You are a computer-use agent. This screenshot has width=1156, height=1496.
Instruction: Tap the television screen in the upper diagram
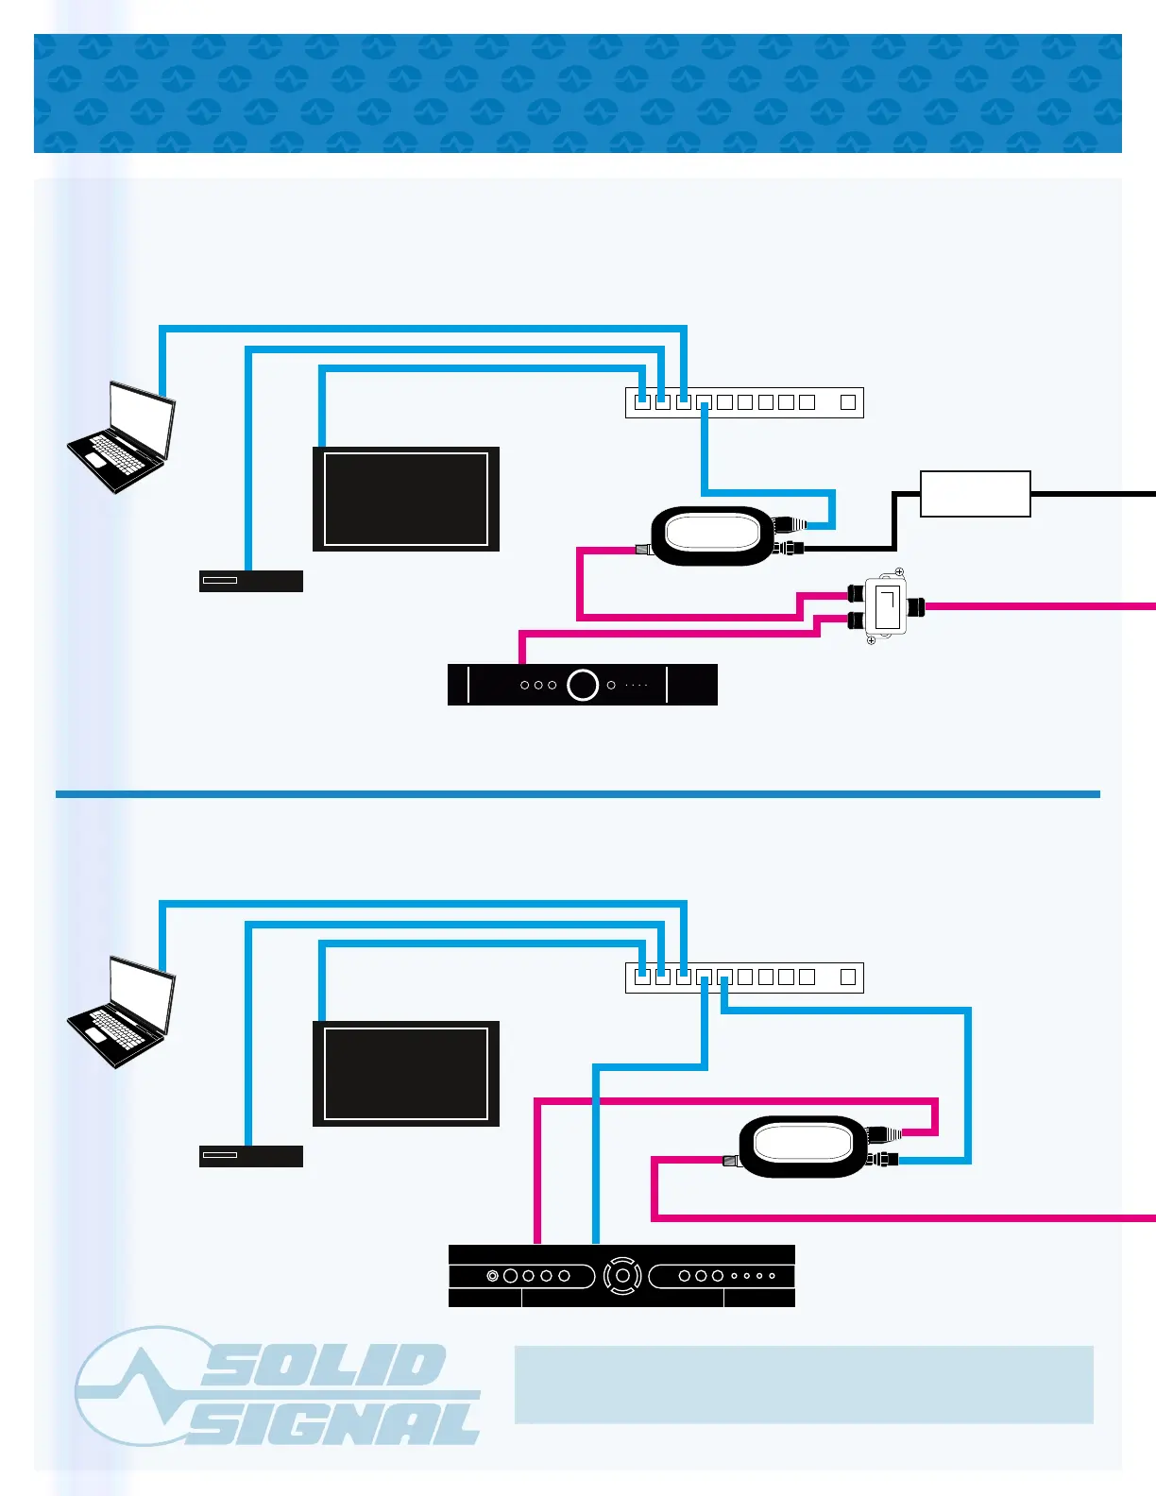point(406,499)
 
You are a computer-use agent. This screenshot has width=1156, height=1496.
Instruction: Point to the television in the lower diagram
point(406,1074)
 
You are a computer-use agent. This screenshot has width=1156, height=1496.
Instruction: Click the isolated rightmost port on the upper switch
point(848,402)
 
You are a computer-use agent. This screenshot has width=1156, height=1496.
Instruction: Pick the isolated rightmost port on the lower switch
point(848,977)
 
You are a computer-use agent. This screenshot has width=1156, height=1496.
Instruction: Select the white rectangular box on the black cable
point(975,494)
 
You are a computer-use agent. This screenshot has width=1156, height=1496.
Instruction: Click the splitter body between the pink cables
point(886,606)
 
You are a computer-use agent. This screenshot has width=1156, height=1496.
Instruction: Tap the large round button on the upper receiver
point(583,685)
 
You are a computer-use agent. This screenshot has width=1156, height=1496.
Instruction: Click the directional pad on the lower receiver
point(622,1276)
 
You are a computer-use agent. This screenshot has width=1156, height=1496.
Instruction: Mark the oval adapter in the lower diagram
point(803,1146)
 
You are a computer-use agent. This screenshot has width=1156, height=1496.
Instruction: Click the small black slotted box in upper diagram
point(250,581)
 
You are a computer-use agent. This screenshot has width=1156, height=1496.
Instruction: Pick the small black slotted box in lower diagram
point(250,1156)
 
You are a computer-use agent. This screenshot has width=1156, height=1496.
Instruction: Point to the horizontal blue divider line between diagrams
point(578,794)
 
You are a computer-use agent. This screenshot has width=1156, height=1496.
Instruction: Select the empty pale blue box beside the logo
point(803,1385)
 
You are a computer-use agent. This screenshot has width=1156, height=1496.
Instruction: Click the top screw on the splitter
point(899,572)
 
